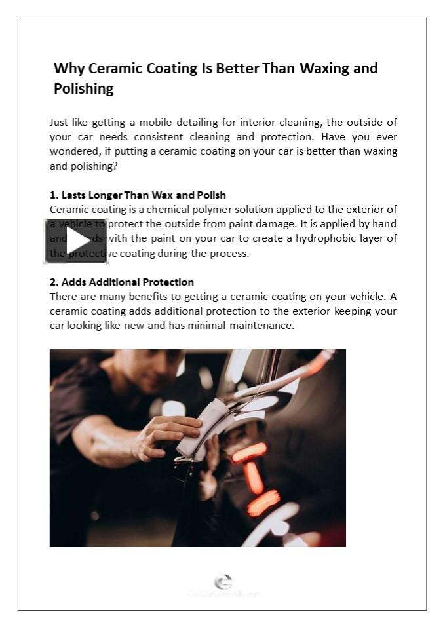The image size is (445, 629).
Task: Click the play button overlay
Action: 76,240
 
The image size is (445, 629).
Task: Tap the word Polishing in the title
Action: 83,88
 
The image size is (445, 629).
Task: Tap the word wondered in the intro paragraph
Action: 72,151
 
